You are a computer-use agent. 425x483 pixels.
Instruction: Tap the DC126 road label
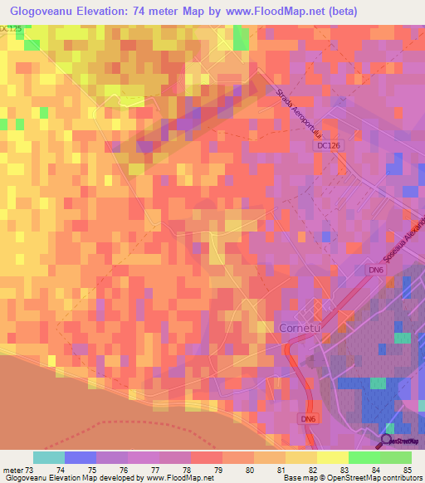click(x=330, y=144)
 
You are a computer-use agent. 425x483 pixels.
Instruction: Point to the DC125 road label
click(x=12, y=28)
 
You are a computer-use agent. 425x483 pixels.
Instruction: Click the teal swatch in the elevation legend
click(x=48, y=457)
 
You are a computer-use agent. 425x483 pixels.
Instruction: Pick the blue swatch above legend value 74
click(x=80, y=457)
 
